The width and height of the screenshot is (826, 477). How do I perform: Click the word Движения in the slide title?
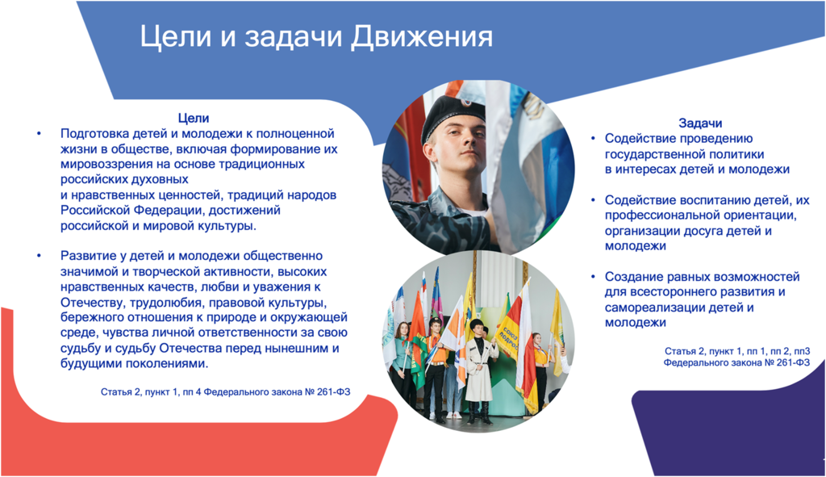click(421, 37)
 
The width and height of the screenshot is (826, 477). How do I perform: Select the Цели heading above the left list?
click(194, 119)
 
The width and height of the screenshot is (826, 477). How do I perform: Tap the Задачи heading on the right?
click(700, 123)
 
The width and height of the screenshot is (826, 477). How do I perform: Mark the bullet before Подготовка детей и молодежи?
click(39, 134)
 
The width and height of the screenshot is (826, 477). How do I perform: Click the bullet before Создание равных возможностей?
click(593, 277)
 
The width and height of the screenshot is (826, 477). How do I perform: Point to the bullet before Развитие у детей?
click(39, 257)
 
